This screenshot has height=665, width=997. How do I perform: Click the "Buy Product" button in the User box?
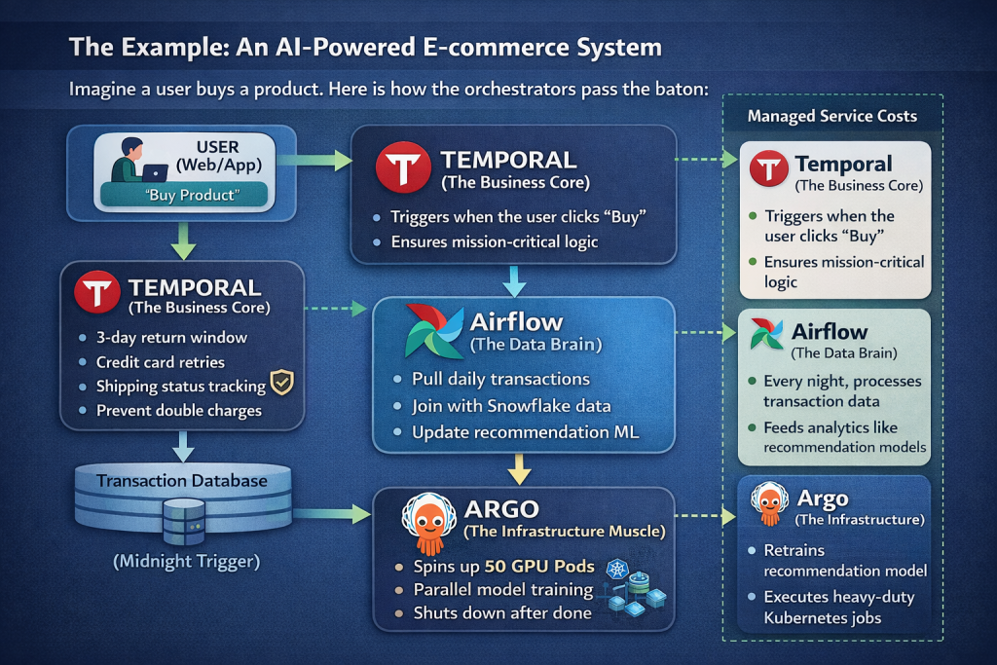[x=185, y=195]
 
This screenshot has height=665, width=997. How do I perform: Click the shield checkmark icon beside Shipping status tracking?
[x=281, y=384]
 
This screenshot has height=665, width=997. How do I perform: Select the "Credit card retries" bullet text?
[x=160, y=362]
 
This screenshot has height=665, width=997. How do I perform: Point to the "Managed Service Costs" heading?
[x=832, y=116]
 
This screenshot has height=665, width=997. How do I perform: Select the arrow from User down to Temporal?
[x=185, y=239]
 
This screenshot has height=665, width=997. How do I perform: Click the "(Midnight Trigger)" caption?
[x=185, y=562]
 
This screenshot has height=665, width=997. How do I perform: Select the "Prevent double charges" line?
[x=178, y=410]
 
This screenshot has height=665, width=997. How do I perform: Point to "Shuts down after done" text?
[x=502, y=612]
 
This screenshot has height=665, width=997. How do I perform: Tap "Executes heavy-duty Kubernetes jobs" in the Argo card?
[x=838, y=608]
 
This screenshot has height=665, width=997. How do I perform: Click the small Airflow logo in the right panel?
[x=767, y=335]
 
